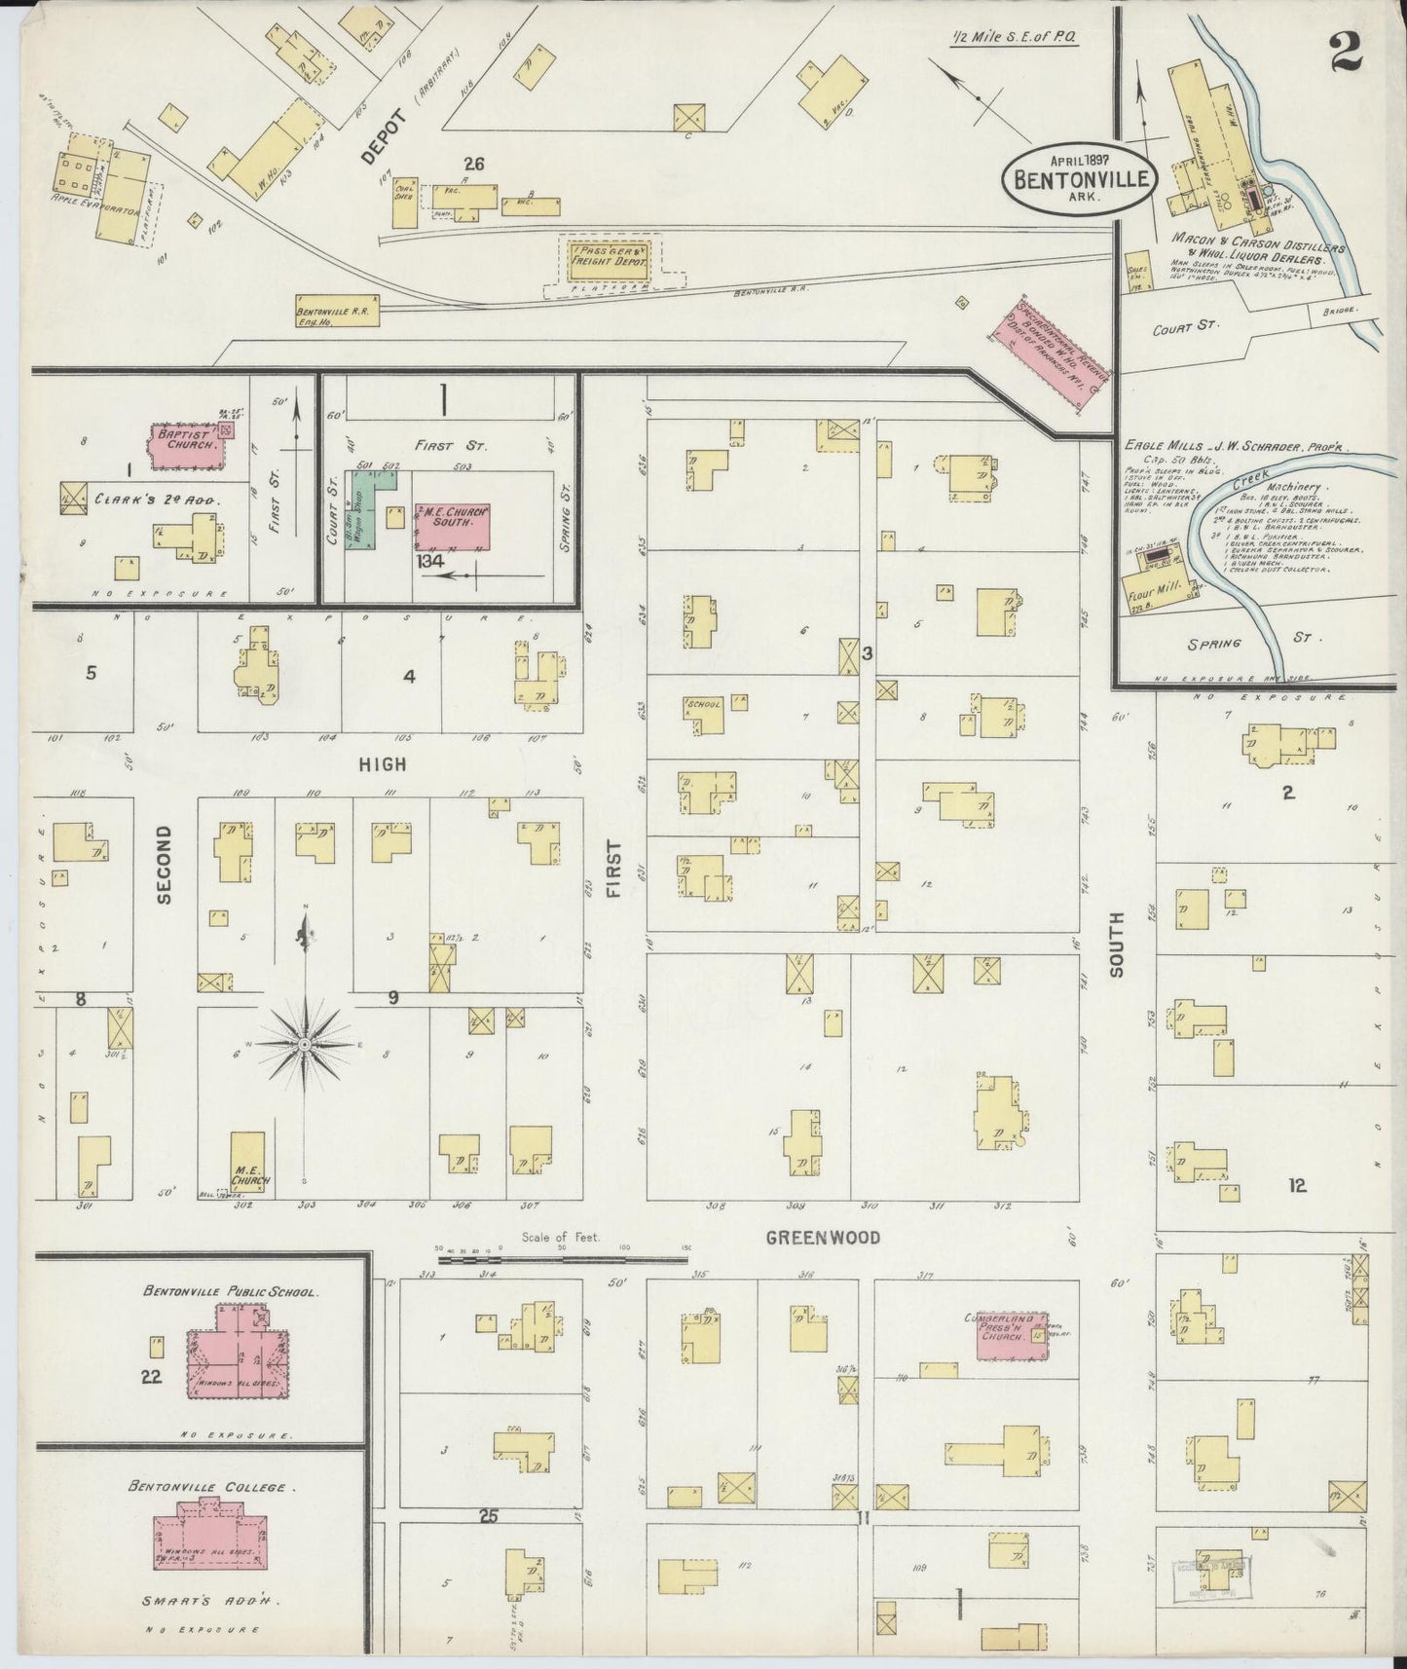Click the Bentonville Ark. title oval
[1081, 176]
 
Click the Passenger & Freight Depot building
[611, 257]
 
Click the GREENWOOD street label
[823, 1238]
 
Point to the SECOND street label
[164, 865]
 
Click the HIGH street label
[383, 765]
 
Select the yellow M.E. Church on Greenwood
[250, 1161]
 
